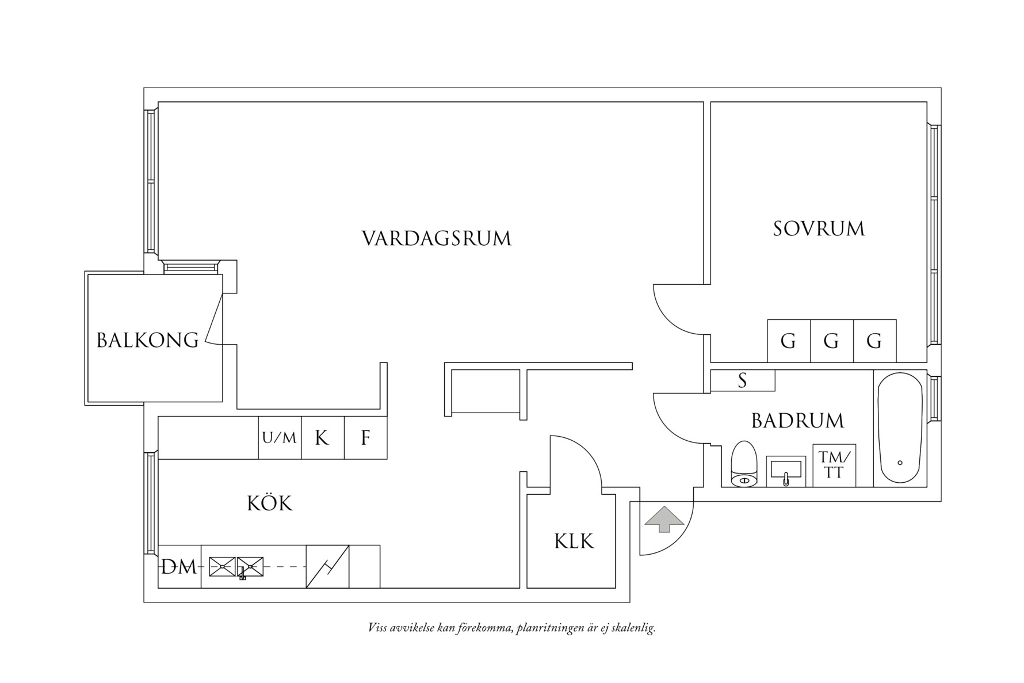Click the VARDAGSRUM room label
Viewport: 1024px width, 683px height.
(436, 238)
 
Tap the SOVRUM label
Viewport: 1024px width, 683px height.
(818, 229)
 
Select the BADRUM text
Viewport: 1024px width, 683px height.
(797, 421)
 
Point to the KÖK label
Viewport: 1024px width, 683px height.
(270, 503)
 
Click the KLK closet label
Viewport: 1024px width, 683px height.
(574, 541)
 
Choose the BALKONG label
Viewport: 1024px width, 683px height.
(147, 340)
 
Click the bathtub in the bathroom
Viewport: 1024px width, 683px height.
(900, 429)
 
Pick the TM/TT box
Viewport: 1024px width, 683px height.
(834, 465)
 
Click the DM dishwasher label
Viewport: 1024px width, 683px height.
(179, 567)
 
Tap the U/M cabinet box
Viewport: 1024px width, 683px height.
(280, 438)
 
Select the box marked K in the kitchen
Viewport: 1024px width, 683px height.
(322, 438)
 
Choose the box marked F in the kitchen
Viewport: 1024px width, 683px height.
(365, 438)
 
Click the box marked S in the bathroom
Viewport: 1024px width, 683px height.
(742, 380)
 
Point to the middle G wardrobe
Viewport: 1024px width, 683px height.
(831, 341)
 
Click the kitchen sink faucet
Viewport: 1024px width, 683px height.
(243, 573)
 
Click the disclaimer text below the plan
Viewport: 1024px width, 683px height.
(511, 628)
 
